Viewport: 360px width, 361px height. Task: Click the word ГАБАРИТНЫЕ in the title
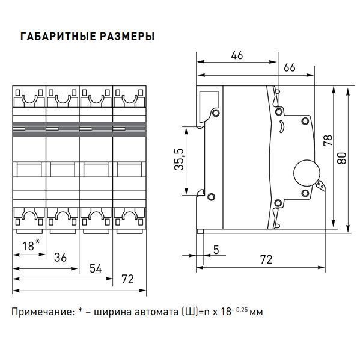click(x=58, y=36)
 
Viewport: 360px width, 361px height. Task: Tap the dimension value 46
click(x=237, y=55)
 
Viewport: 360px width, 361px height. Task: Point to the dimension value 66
click(x=289, y=67)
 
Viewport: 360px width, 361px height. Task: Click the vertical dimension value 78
click(x=328, y=140)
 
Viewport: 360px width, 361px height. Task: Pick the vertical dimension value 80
click(x=341, y=158)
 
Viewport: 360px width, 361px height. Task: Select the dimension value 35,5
click(x=179, y=159)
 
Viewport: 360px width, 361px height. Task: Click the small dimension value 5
click(x=216, y=250)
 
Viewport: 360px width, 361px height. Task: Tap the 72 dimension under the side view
click(x=266, y=259)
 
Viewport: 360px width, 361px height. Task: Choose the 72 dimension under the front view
click(x=127, y=279)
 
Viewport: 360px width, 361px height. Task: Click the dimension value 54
click(x=96, y=268)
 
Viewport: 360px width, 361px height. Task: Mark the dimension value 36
click(x=60, y=257)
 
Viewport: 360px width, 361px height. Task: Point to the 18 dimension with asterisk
click(x=31, y=245)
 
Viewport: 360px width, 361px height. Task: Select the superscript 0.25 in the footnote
click(x=242, y=310)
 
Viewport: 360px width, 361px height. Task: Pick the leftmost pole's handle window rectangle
click(x=29, y=170)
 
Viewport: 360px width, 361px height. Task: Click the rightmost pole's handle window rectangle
click(x=129, y=170)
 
